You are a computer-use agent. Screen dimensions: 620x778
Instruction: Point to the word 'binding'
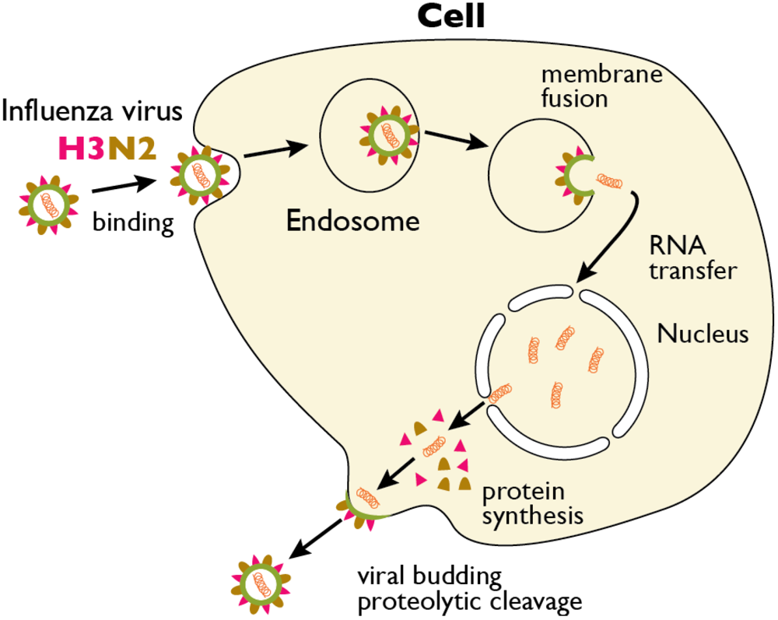coord(133,223)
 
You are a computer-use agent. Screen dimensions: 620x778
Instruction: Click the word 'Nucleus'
coord(703,335)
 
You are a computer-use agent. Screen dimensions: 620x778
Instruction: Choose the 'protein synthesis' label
coord(533,504)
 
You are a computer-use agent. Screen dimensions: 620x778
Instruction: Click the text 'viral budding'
coord(429,577)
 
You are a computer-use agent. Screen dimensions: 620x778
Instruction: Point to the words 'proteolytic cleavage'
coord(468,601)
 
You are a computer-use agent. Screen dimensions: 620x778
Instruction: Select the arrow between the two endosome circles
coord(459,140)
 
